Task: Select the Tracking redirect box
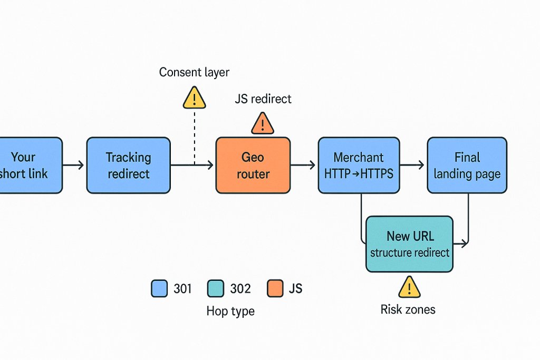coord(128,165)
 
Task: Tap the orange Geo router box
coord(253,165)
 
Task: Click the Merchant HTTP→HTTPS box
coord(359,165)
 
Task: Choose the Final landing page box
coord(467,165)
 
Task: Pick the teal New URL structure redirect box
coord(409,244)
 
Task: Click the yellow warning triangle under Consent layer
coord(194,98)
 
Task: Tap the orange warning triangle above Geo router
coord(262,124)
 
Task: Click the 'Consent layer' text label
coord(194,72)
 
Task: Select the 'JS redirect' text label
coord(263,99)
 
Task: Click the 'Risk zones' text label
coord(408,309)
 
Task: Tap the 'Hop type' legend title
coord(230,311)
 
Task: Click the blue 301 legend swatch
coord(159,288)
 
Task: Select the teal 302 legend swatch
coord(216,288)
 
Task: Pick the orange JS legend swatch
coord(274,288)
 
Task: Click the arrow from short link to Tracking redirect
coord(74,166)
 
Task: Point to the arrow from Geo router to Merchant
coord(303,166)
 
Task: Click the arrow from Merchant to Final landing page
coord(412,166)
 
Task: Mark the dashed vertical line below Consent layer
coord(194,137)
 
